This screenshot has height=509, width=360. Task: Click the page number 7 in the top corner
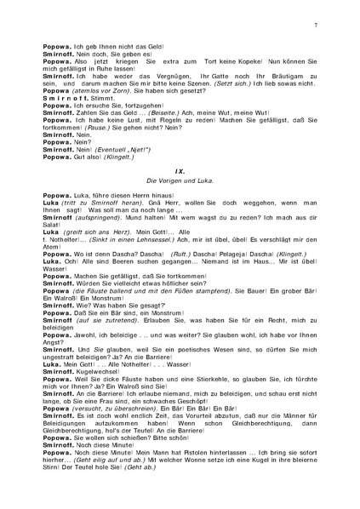316,29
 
